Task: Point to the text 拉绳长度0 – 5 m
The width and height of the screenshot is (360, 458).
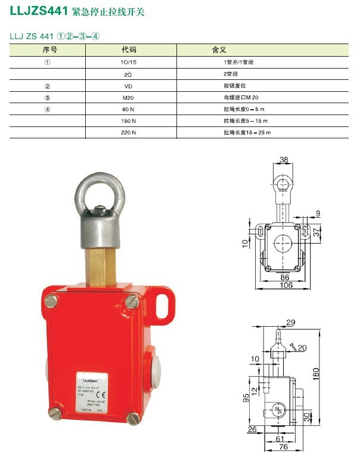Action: [x=243, y=109]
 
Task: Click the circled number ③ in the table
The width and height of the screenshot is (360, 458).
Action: [x=48, y=97]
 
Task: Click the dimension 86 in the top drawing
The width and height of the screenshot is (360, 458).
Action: [x=280, y=277]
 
